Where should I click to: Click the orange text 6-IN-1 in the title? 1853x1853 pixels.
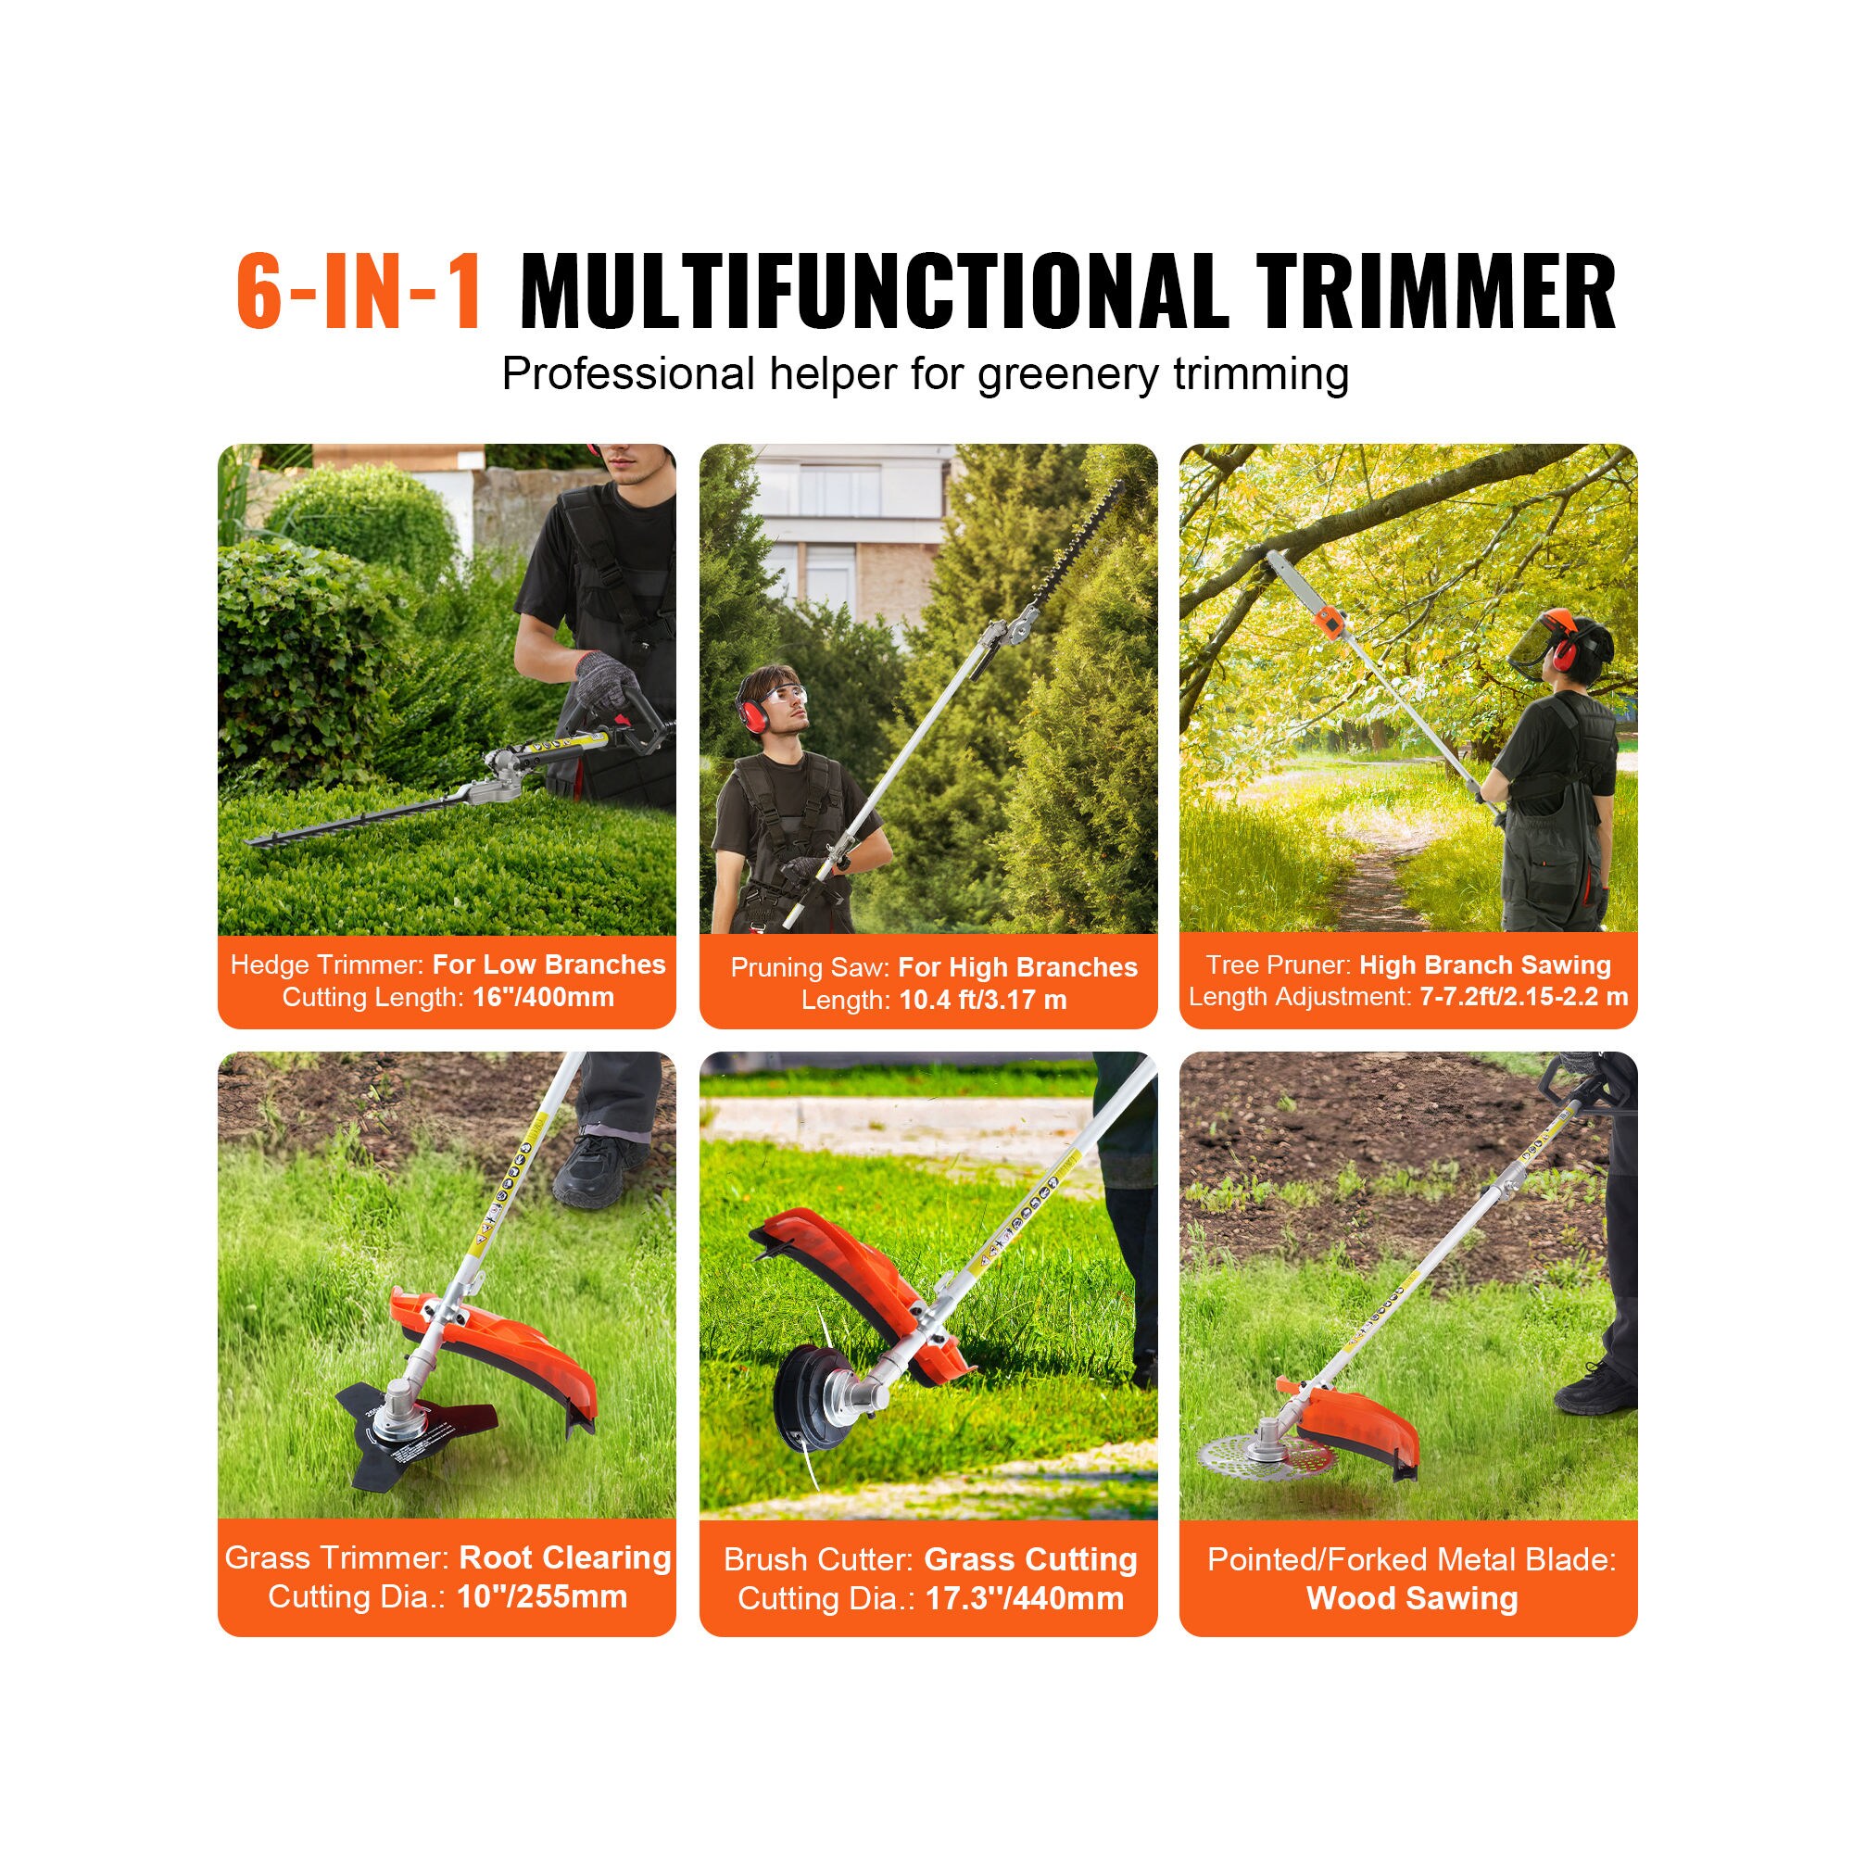pyautogui.click(x=359, y=294)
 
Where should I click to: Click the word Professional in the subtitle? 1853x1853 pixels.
pyautogui.click(x=628, y=374)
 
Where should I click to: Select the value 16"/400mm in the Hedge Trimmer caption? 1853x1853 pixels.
pyautogui.click(x=543, y=998)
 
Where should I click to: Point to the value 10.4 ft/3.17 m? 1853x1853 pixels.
pyautogui.click(x=982, y=1001)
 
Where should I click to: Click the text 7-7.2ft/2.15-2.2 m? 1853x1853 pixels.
pyautogui.click(x=1523, y=997)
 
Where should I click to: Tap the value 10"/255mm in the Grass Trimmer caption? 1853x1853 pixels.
pyautogui.click(x=542, y=1597)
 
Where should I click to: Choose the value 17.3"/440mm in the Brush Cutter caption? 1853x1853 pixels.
pyautogui.click(x=1025, y=1599)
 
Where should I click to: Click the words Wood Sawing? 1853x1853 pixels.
pyautogui.click(x=1412, y=1599)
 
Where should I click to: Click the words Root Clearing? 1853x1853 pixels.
pyautogui.click(x=565, y=1557)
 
